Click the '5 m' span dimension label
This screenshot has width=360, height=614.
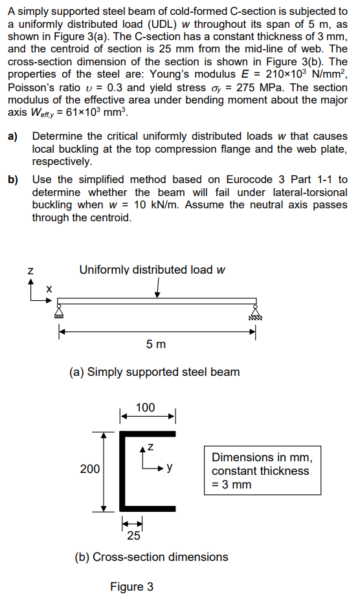pos(156,344)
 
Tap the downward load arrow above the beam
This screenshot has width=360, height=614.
pos(158,291)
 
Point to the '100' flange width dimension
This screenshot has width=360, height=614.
pos(146,407)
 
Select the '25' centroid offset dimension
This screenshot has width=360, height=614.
pos(133,535)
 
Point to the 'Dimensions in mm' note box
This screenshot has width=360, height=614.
pos(262,470)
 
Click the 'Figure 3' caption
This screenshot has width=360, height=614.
pos(131,587)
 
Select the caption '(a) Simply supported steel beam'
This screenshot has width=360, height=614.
pos(154,372)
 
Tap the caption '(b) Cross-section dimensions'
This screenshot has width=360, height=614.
pos(152,557)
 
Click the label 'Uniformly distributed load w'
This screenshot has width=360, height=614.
pos(152,270)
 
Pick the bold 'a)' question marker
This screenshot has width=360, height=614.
pos(13,137)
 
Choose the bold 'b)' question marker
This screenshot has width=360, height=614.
pos(13,179)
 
